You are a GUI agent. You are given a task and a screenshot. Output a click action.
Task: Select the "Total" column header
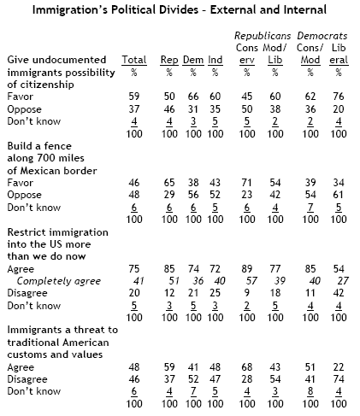[134, 60]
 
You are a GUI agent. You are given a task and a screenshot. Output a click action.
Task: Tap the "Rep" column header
[169, 61]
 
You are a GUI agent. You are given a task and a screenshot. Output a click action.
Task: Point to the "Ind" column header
[215, 60]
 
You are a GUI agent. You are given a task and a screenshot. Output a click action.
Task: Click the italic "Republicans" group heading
[263, 36]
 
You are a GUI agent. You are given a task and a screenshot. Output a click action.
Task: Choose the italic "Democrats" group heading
[322, 36]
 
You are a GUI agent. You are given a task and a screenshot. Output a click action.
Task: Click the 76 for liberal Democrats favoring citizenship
[339, 97]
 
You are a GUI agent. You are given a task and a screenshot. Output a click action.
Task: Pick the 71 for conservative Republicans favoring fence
[246, 183]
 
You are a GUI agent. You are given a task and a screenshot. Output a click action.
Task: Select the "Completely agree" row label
[59, 281]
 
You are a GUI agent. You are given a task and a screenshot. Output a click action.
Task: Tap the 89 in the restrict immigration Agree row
[246, 269]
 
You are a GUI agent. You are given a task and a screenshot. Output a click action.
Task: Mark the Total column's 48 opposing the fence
[134, 195]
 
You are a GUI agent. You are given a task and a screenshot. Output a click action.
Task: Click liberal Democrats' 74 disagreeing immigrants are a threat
[339, 379]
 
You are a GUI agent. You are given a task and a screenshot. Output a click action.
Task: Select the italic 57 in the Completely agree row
[251, 281]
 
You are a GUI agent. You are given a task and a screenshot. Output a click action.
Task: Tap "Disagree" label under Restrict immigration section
[27, 293]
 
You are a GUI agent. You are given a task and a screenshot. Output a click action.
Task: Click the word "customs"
[27, 354]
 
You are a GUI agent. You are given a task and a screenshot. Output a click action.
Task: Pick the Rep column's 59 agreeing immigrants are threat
[169, 367]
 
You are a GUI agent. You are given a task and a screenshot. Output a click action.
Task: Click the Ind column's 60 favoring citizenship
[215, 97]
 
